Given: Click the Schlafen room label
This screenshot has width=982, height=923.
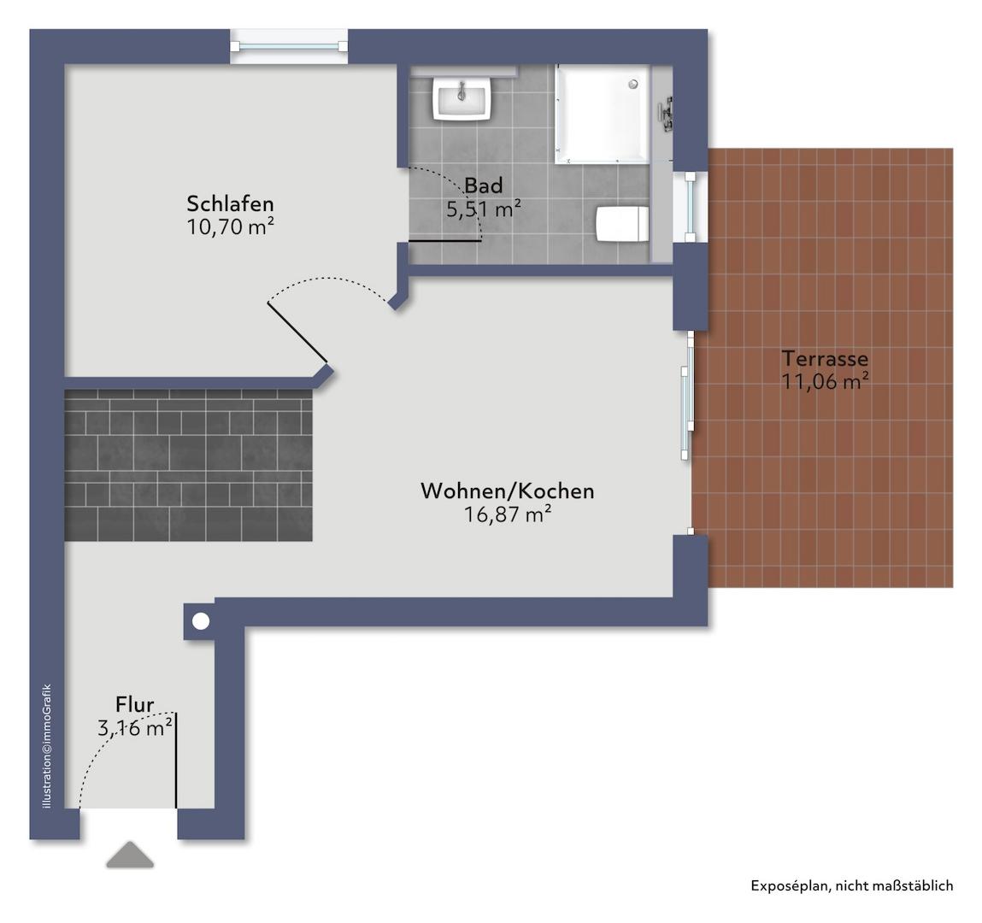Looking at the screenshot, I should (x=230, y=204).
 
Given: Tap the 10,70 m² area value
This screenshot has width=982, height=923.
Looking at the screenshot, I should (x=230, y=226).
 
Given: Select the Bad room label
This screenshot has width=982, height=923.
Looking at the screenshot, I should (x=483, y=185).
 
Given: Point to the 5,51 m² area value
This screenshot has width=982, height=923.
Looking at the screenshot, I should (x=483, y=209).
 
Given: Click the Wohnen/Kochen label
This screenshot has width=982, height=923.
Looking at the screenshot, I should (x=507, y=491).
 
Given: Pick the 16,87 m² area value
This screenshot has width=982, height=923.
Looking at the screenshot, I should (x=507, y=514).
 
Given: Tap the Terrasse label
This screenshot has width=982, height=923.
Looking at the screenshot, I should (x=825, y=359).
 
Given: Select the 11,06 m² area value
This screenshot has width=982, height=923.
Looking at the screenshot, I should (x=825, y=382).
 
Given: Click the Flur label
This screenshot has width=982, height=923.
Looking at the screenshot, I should (x=135, y=705).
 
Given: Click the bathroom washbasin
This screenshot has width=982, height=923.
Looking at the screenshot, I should (x=462, y=98).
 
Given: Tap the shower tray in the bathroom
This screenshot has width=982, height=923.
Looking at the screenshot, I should (x=602, y=114).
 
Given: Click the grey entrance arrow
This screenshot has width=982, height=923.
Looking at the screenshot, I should (x=130, y=855).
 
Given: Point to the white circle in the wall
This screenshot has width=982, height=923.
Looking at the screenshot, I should (x=200, y=621).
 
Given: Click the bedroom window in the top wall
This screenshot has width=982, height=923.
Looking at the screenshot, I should (x=290, y=47).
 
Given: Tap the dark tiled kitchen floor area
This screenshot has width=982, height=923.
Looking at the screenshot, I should (x=188, y=466).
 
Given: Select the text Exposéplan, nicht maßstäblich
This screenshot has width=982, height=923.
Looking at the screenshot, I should (x=851, y=886).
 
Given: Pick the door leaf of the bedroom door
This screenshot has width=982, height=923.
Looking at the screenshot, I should (x=297, y=332).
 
